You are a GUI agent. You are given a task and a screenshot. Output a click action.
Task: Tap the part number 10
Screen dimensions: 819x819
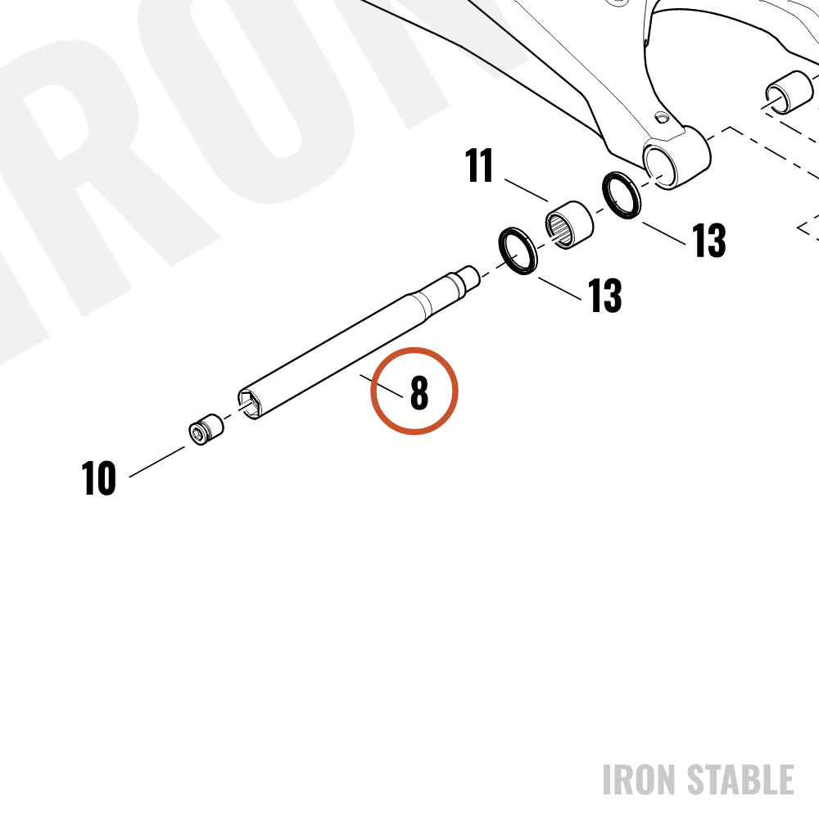[98, 478]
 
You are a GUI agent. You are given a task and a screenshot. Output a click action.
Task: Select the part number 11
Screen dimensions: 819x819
[479, 165]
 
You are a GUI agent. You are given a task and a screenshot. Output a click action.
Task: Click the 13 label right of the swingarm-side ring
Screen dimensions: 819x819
[708, 240]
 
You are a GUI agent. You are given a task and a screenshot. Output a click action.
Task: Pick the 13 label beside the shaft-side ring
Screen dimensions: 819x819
[605, 295]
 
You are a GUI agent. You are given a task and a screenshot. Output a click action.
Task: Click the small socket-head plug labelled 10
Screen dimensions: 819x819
[206, 429]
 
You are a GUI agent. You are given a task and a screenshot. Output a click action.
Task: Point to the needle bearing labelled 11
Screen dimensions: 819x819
[569, 224]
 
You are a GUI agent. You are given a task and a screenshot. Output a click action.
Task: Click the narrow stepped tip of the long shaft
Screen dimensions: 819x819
[469, 277]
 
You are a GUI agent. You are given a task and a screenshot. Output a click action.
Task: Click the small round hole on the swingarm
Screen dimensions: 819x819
[662, 117]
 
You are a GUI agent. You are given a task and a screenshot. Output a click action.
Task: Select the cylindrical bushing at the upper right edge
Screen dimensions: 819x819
[790, 93]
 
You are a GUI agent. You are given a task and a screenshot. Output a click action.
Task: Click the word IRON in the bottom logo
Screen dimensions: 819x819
[640, 780]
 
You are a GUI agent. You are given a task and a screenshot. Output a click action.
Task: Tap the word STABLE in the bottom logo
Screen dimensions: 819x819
[740, 780]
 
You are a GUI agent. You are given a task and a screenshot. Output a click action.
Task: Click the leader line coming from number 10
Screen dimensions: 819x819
[157, 461]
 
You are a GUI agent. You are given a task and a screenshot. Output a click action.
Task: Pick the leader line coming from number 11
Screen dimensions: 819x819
[527, 190]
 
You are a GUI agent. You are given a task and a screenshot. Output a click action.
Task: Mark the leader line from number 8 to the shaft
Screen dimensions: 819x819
[382, 386]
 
